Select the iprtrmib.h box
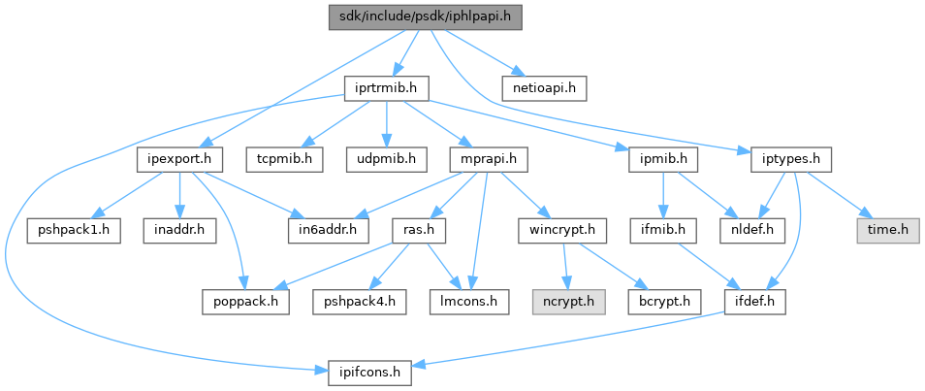click(387, 88)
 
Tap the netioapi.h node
click(545, 88)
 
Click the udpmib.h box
click(386, 158)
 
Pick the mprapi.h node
click(489, 158)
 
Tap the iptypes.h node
click(785, 158)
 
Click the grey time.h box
click(886, 230)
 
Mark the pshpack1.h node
click(73, 230)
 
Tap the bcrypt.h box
click(665, 301)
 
